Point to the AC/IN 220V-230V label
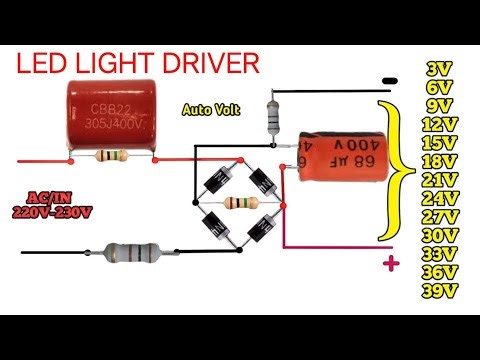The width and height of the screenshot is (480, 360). [x=51, y=204]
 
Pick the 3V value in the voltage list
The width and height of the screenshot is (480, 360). [x=439, y=69]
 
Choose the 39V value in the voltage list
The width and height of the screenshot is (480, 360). [x=438, y=290]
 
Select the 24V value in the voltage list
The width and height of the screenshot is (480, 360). [x=438, y=198]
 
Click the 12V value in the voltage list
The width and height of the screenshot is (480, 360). [x=438, y=124]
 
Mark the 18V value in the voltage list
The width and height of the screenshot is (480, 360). [x=438, y=161]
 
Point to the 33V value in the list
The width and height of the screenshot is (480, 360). [x=438, y=253]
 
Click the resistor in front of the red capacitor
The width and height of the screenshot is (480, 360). [x=109, y=156]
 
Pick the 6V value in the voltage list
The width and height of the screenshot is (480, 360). [x=439, y=87]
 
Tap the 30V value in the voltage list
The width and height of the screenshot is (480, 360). [x=438, y=235]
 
